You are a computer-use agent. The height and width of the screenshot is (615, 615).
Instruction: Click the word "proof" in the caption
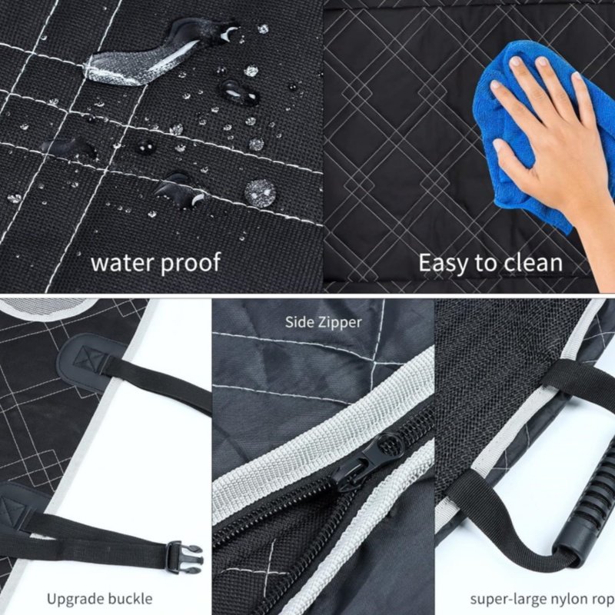[x=191, y=263]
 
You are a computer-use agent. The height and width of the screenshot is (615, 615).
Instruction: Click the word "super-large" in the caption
[x=507, y=600]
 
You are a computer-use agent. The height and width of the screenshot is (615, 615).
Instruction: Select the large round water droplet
[x=260, y=192]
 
